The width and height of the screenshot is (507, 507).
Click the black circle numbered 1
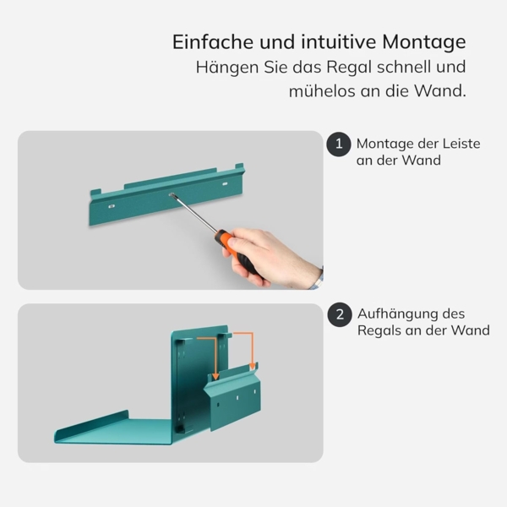click(x=339, y=144)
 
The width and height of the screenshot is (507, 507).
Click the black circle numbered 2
click(x=339, y=314)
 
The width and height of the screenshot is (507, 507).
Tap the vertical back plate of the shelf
click(x=190, y=380)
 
